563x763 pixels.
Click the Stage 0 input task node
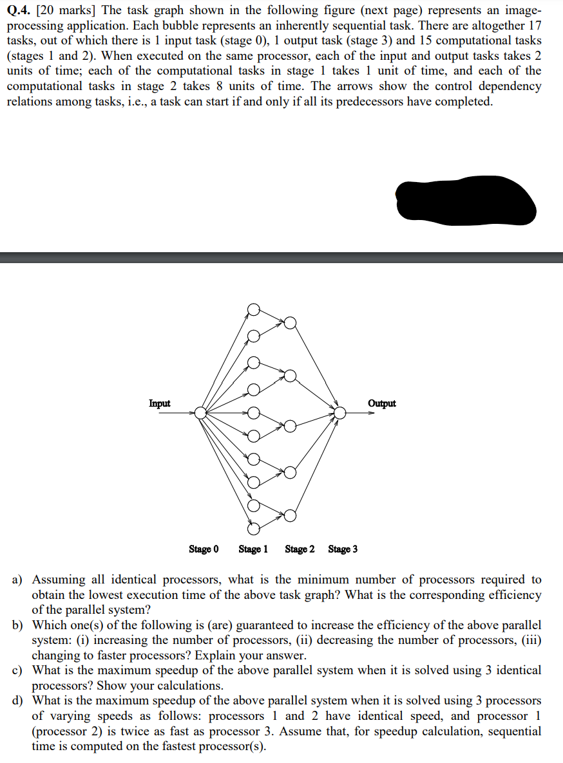tap(201, 412)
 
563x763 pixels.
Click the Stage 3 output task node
tap(339, 412)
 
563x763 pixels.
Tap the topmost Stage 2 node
tap(291, 323)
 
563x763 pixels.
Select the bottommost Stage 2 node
tap(291, 515)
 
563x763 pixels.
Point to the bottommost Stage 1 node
tap(254, 529)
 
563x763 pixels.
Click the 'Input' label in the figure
tap(160, 403)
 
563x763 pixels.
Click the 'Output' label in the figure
tap(382, 403)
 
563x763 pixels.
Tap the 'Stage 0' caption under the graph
tap(204, 549)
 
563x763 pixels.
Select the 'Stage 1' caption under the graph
tap(253, 549)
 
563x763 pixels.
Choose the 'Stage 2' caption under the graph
tap(300, 549)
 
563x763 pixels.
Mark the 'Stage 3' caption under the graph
tap(343, 549)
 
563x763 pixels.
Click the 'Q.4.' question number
tap(19, 10)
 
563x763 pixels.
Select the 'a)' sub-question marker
tap(19, 580)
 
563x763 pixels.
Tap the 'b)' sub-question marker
tap(19, 625)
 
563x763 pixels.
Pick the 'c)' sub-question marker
tap(19, 670)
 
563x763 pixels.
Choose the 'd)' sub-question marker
tap(19, 701)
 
